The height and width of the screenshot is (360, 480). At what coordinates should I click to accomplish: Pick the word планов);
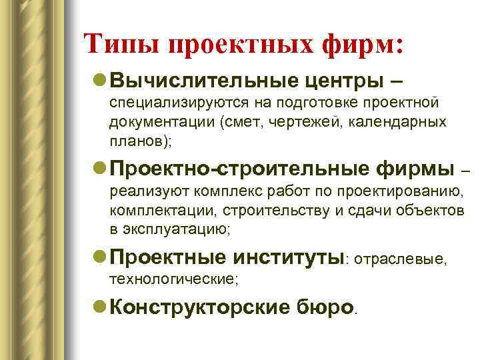point(135,142)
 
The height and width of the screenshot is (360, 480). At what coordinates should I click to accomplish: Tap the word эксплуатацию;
point(177,231)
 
